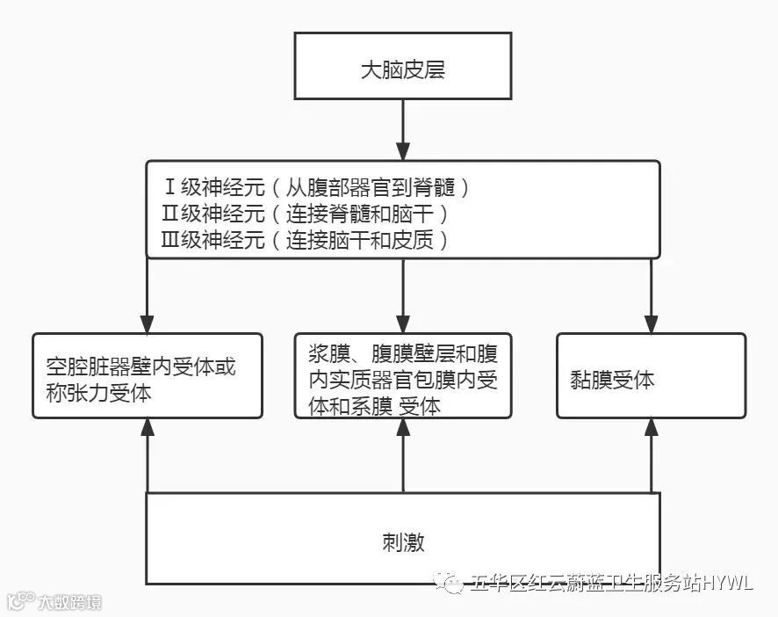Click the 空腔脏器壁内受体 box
point(148,375)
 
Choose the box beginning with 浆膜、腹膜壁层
point(403,375)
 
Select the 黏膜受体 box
point(651,375)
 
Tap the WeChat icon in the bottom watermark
point(453,583)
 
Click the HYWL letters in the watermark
point(726,583)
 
